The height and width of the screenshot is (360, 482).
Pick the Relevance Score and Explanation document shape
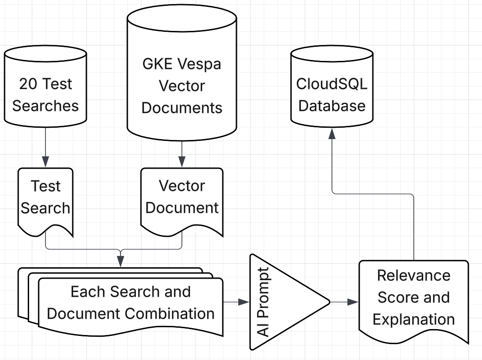(x=413, y=298)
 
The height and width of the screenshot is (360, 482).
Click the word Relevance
(x=414, y=275)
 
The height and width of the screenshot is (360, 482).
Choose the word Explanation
(x=414, y=319)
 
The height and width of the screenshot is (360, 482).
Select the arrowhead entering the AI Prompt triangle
(x=245, y=302)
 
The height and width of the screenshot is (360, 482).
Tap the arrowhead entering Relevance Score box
(x=353, y=302)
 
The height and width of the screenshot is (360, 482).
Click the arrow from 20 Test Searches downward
(x=45, y=145)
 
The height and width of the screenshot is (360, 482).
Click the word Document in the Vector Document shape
(x=182, y=208)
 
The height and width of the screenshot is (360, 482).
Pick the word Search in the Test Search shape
(x=45, y=208)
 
